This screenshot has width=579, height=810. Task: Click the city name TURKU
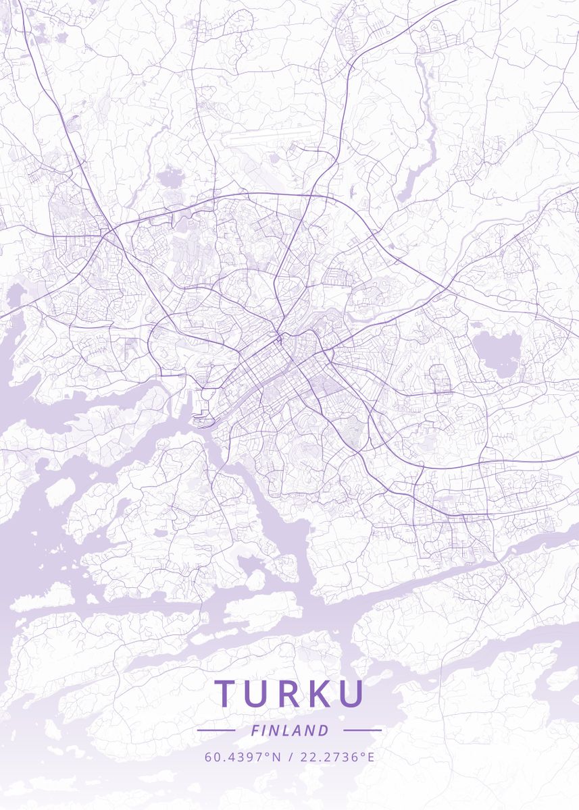[x=289, y=694]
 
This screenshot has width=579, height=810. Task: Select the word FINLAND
[x=289, y=730]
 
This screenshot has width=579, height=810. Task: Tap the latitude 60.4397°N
[x=243, y=757]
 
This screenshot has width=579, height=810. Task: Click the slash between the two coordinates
[x=289, y=757]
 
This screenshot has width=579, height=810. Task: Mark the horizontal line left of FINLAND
[x=216, y=730]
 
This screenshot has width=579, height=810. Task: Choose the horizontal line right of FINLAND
[x=362, y=730]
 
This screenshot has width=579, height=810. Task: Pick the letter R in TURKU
[x=290, y=694]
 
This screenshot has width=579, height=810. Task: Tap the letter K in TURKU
[x=320, y=694]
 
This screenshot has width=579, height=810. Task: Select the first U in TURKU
[x=258, y=694]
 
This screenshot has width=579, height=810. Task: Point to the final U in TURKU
[x=351, y=694]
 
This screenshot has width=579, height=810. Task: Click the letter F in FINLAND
[x=255, y=730]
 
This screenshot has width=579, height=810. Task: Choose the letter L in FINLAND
[x=288, y=730]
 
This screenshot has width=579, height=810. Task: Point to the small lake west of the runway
[x=168, y=179]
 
